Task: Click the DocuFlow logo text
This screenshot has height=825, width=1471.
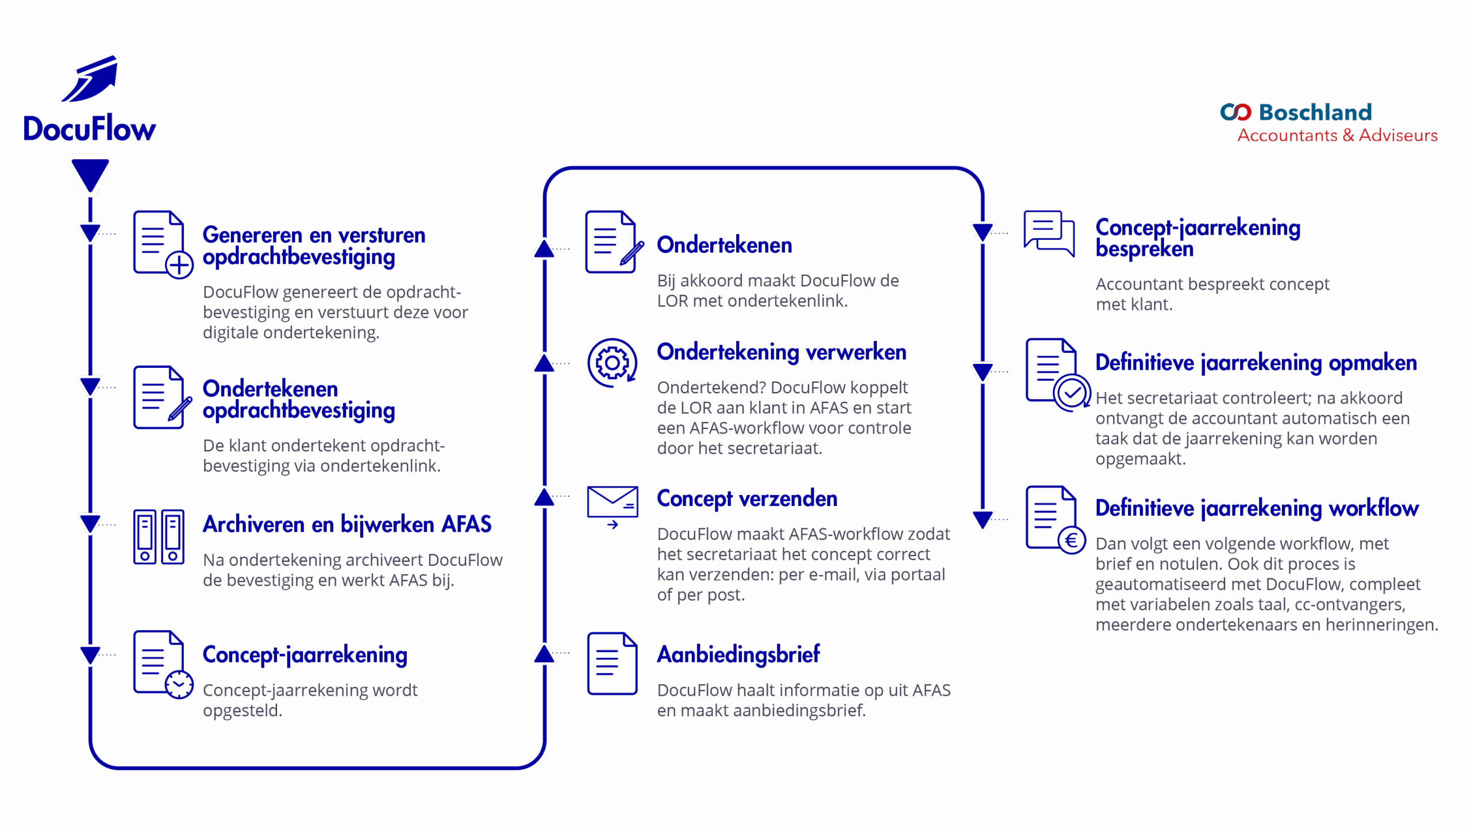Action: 89,128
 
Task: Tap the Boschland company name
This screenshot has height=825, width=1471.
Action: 1315,112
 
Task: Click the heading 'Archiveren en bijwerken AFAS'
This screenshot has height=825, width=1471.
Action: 347,524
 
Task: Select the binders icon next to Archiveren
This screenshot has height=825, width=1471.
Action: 159,536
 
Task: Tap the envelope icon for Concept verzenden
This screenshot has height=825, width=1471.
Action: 613,506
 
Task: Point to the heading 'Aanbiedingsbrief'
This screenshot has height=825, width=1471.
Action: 738,654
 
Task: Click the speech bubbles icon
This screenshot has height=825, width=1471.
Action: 1049,233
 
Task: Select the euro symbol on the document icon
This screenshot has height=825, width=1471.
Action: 1072,540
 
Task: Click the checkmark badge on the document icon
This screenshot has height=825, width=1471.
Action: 1072,393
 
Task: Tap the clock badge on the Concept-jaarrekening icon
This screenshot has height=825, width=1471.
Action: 179,684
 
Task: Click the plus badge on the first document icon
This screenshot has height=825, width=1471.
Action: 179,265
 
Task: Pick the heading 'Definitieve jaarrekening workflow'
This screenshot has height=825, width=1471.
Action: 1257,508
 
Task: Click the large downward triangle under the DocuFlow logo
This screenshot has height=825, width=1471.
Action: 90,174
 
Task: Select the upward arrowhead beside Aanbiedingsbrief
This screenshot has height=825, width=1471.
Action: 544,654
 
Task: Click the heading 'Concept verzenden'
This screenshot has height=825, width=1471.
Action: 747,498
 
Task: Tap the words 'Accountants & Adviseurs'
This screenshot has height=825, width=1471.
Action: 1337,136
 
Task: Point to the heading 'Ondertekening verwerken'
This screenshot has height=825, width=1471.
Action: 781,352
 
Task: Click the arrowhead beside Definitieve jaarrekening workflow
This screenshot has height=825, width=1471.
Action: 983,520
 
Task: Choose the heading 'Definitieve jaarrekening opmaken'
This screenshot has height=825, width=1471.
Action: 1256,363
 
